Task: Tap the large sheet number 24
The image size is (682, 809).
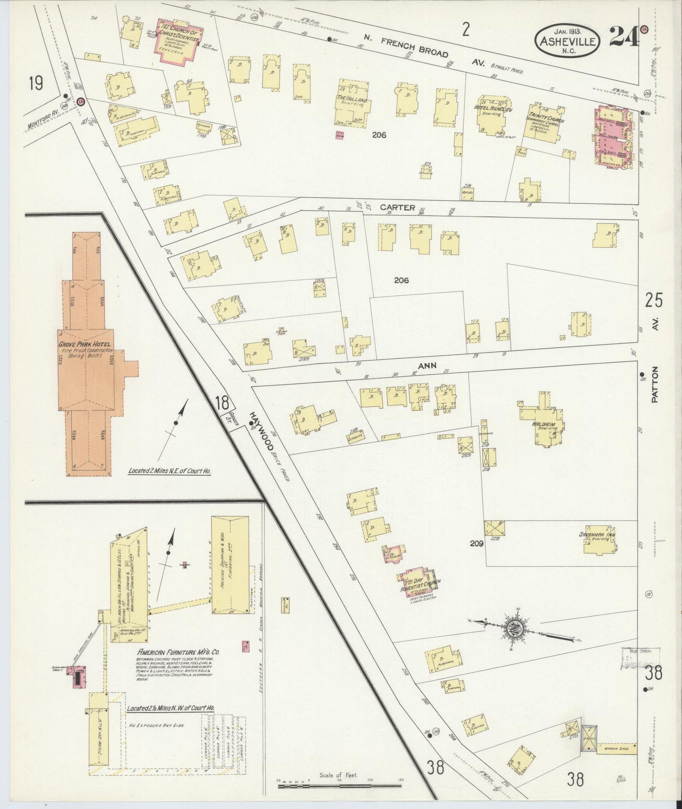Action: (x=624, y=37)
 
